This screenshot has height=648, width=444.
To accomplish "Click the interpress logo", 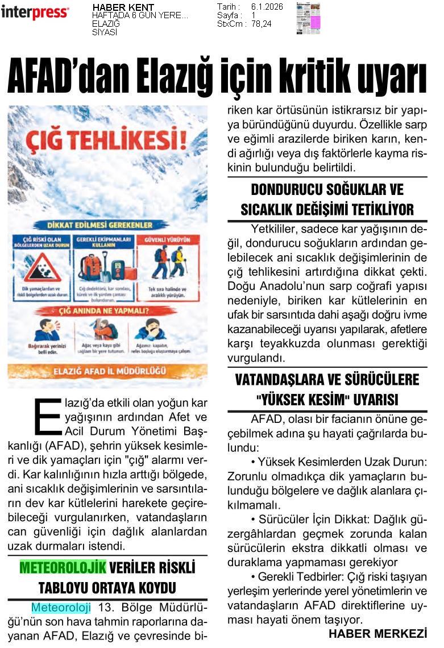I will coord(35,13).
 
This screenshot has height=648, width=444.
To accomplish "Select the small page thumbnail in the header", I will coord(308,18).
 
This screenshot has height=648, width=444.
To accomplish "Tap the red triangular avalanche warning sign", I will coord(42,268).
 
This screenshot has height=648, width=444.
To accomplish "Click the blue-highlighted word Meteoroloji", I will coord(61,608).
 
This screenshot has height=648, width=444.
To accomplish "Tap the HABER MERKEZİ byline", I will coord(377,634).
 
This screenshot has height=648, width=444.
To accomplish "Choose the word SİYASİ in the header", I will coord(105,32).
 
